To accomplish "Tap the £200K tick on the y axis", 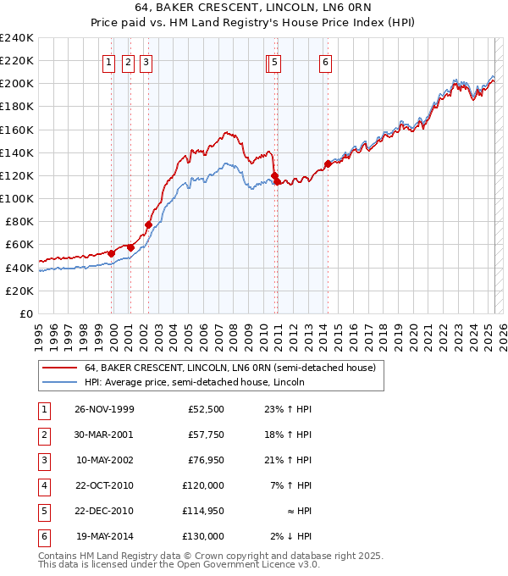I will tap(17, 84).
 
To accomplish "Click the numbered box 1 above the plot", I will tap(110, 61).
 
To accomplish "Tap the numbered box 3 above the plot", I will tap(146, 61).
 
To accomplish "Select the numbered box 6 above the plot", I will tap(325, 61).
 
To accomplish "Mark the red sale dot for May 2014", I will tap(328, 164).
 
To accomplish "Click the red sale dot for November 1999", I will tap(112, 253).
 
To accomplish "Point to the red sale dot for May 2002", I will tap(148, 225).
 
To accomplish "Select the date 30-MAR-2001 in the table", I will tap(104, 435).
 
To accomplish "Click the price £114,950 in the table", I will tap(203, 511).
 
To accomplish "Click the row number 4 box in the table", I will tap(42, 485).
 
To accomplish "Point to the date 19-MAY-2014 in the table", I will tap(104, 536).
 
